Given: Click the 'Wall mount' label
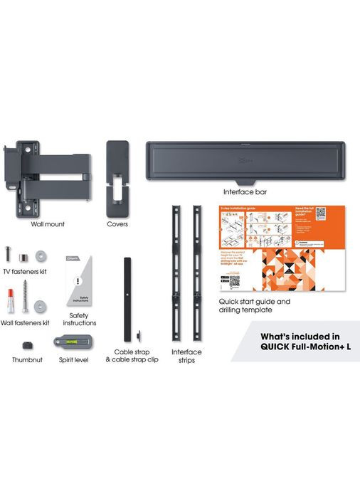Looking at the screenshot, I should tap(48, 223).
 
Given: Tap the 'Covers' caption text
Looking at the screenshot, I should tap(117, 223).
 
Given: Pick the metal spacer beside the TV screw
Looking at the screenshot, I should tap(23, 255).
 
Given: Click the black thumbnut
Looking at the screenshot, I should tap(27, 345).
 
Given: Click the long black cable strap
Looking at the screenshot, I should tap(129, 299).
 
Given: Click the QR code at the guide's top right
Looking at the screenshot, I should tap(321, 213).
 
